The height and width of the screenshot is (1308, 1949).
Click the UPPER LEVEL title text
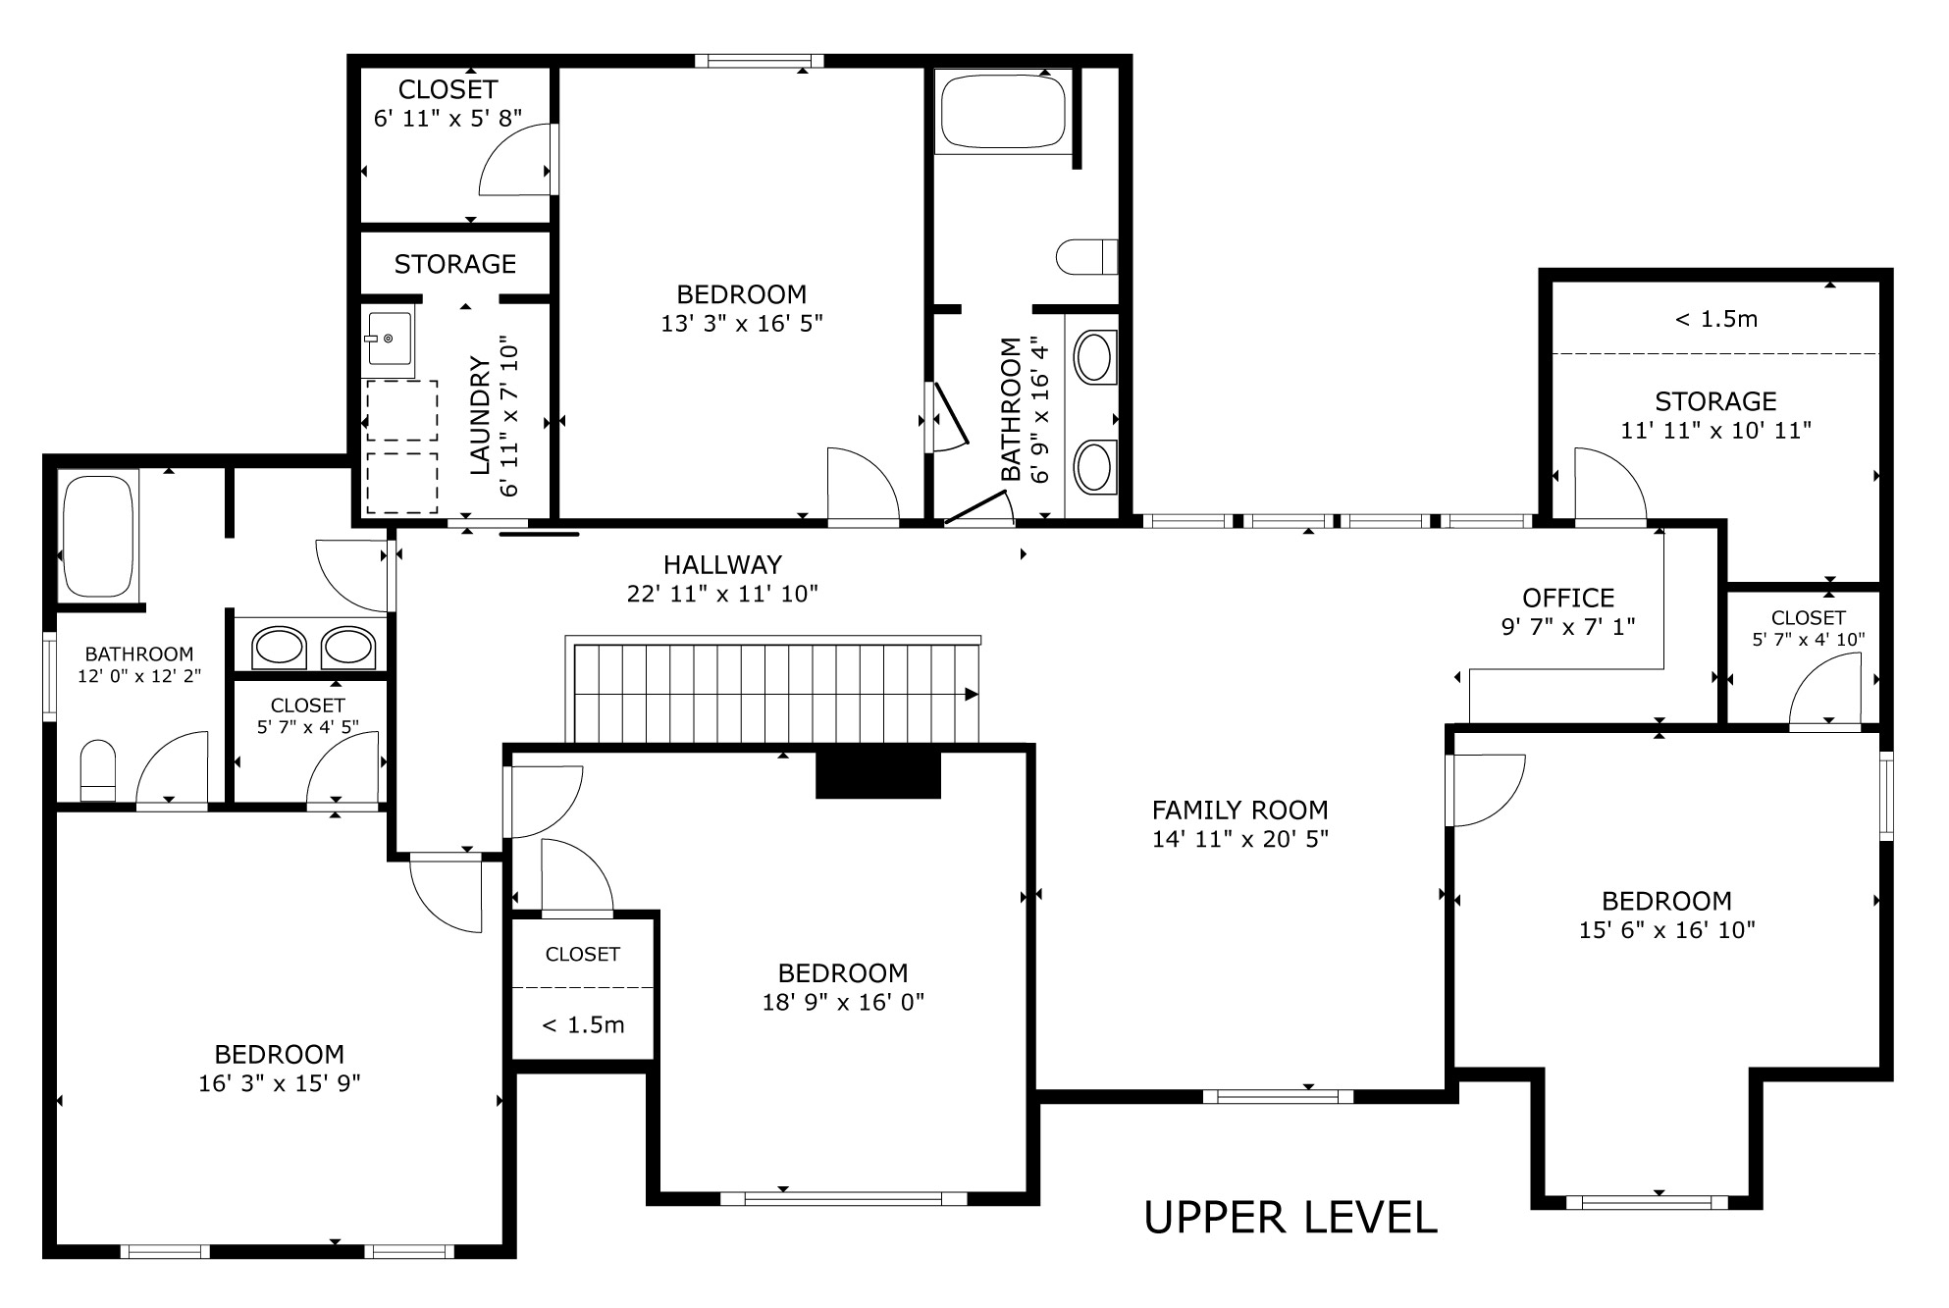pyautogui.click(x=1291, y=1218)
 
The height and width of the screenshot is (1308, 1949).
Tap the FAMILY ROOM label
pyautogui.click(x=1239, y=811)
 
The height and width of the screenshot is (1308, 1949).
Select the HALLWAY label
pyautogui.click(x=722, y=565)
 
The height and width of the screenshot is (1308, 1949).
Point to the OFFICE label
pyautogui.click(x=1568, y=599)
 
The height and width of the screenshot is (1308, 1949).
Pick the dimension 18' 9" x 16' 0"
pyautogui.click(x=843, y=1003)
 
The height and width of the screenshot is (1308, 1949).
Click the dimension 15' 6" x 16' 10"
pyautogui.click(x=1666, y=930)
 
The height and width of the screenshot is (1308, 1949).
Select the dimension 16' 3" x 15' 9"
pyautogui.click(x=279, y=1083)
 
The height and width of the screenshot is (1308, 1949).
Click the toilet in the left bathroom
pyautogui.click(x=97, y=771)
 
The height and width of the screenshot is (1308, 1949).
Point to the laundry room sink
pyautogui.click(x=389, y=340)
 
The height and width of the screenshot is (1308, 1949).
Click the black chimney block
pyautogui.click(x=878, y=774)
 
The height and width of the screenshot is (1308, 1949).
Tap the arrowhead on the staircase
pyautogui.click(x=972, y=695)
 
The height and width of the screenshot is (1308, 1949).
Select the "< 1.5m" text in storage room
pyautogui.click(x=1715, y=319)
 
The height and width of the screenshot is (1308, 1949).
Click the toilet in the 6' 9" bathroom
pyautogui.click(x=1086, y=257)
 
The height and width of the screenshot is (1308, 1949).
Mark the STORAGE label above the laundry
pyautogui.click(x=455, y=264)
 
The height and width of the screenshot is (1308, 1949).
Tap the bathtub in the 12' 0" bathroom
pyautogui.click(x=97, y=536)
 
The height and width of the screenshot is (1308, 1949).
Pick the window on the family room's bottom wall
pyautogui.click(x=1277, y=1097)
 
